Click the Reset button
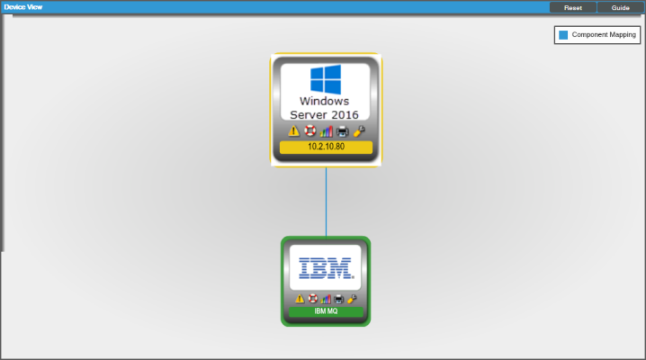(572, 7)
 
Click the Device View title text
(23, 7)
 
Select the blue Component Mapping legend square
(563, 35)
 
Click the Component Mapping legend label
(604, 35)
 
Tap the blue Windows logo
(326, 79)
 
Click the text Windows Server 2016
(324, 108)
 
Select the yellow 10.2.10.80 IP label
(326, 147)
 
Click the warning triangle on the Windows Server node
(293, 131)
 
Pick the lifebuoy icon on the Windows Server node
(310, 131)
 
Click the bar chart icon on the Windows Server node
(326, 131)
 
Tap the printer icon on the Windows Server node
(343, 131)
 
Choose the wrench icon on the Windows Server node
(359, 131)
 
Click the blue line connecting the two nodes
(326, 202)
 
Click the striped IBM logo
(326, 268)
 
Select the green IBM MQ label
(326, 311)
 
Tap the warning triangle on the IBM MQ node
(300, 299)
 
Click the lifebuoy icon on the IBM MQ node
(313, 299)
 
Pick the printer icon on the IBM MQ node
(338, 299)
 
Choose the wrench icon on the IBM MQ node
(352, 299)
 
